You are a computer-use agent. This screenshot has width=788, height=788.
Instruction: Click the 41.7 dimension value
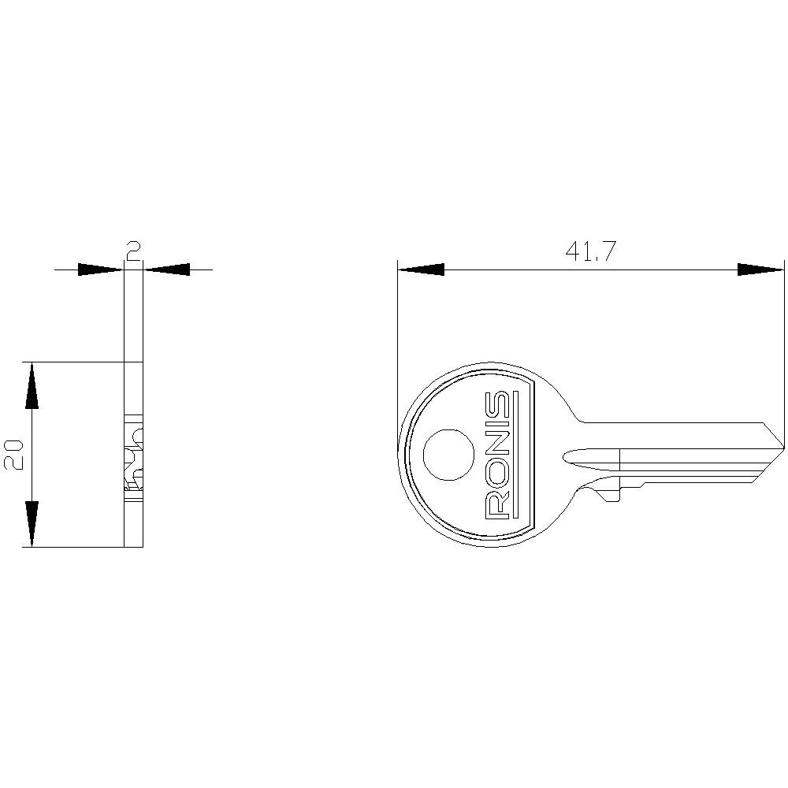(x=590, y=251)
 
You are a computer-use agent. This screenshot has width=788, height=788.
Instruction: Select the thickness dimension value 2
(x=134, y=251)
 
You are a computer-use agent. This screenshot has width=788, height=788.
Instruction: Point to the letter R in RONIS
(x=498, y=504)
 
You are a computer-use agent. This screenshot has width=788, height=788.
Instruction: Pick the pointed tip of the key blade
(x=783, y=448)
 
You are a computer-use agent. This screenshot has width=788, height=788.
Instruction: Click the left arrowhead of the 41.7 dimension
(x=421, y=269)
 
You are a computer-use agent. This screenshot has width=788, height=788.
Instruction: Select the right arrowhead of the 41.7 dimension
(x=761, y=269)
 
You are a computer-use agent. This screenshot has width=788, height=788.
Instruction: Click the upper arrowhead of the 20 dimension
(x=32, y=385)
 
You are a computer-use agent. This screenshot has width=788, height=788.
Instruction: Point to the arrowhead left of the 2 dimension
(x=100, y=269)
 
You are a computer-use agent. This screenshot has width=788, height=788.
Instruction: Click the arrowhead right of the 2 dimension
(x=168, y=269)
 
